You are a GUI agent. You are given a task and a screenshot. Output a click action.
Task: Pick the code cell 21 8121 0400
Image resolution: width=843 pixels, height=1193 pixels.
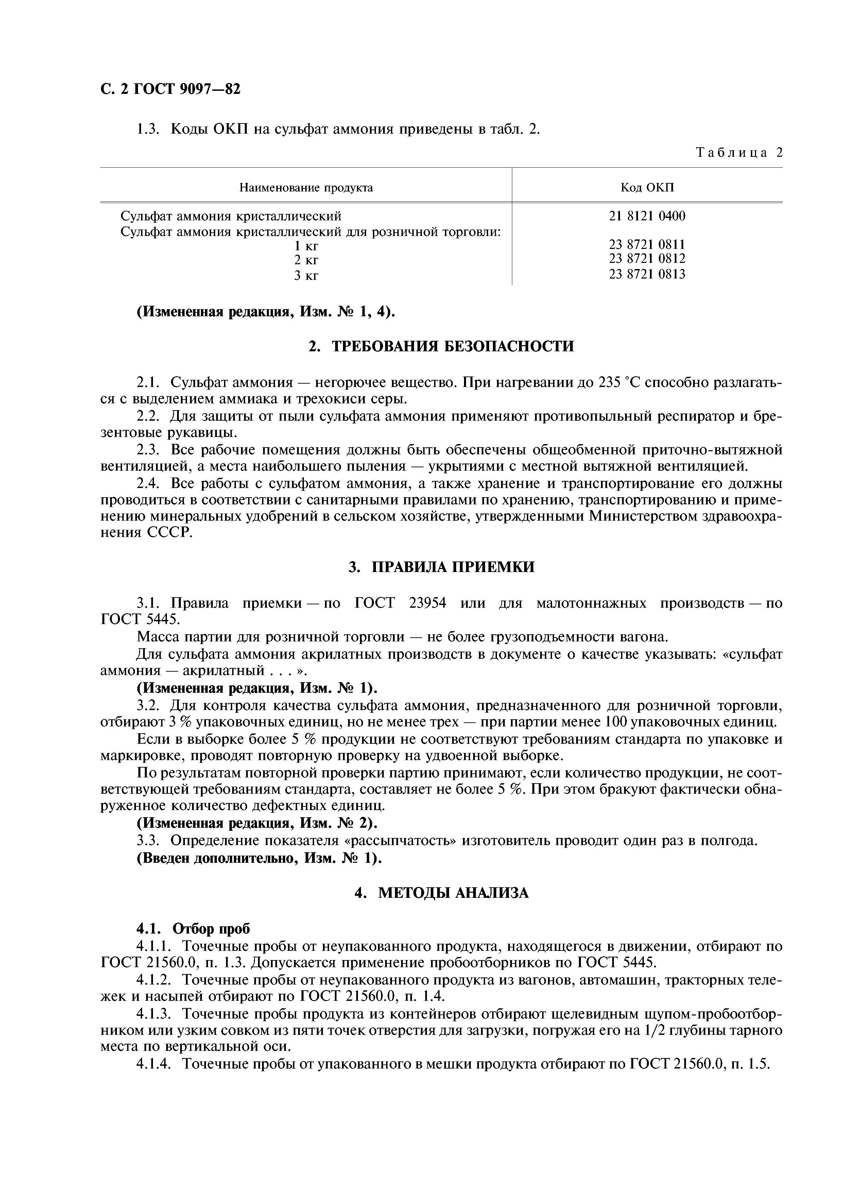(x=647, y=216)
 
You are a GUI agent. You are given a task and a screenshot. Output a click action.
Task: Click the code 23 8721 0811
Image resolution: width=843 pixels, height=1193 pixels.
(x=647, y=244)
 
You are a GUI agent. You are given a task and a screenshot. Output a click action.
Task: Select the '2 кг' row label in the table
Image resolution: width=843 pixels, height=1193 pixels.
(x=306, y=259)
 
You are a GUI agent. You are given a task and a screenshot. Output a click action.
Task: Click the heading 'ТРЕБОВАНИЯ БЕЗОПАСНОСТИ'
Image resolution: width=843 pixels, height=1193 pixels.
(x=452, y=346)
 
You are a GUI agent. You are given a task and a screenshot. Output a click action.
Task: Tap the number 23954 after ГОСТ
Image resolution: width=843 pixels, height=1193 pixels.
(x=428, y=603)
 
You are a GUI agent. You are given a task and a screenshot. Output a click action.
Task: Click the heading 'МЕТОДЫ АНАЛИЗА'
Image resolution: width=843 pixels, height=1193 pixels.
(x=452, y=893)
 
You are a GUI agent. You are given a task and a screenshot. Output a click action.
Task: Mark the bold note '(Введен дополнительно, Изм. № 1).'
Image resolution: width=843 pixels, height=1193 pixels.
(x=259, y=858)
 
